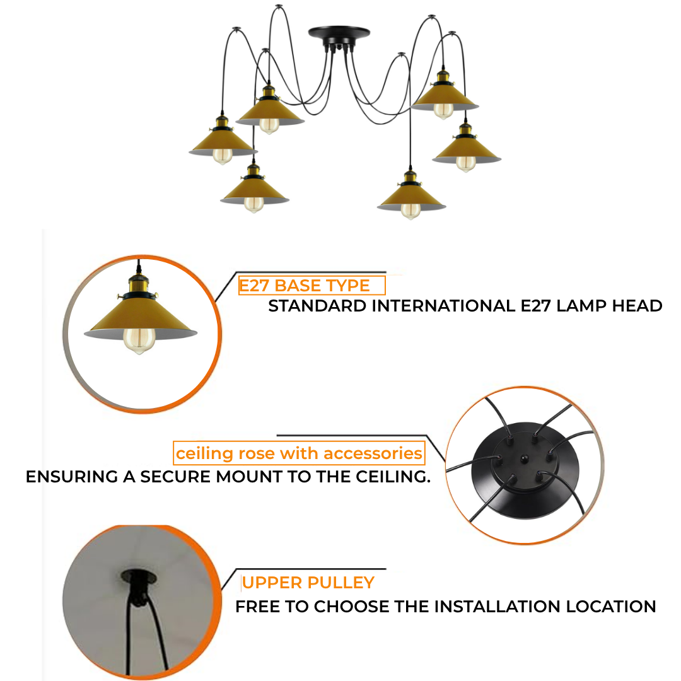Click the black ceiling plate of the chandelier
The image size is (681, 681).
(x=339, y=33)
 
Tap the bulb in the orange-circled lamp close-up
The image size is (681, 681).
(x=139, y=340)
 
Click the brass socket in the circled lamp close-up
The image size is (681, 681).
(x=138, y=284)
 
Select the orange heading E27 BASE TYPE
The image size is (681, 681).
(x=305, y=286)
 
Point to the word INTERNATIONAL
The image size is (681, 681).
(x=443, y=306)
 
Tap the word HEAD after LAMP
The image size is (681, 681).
(x=637, y=306)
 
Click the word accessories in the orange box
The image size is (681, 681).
(x=373, y=453)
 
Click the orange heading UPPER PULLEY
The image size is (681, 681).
(x=308, y=583)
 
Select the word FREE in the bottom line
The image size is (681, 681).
(x=257, y=607)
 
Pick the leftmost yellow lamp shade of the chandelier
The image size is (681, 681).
(x=223, y=142)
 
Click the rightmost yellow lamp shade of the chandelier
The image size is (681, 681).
(x=467, y=150)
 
